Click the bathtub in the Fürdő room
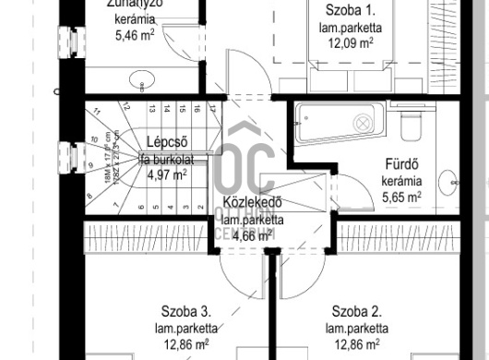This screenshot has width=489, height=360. click(x=338, y=122)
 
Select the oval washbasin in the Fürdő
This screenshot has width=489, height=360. click(x=448, y=180)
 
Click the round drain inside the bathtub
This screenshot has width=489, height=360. click(x=363, y=122)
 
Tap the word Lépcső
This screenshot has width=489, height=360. click(x=167, y=141)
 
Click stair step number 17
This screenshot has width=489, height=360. click(x=211, y=108)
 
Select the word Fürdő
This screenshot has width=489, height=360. click(x=403, y=165)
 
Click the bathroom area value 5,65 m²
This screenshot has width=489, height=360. click(x=402, y=197)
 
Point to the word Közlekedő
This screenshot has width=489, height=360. click(x=252, y=203)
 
